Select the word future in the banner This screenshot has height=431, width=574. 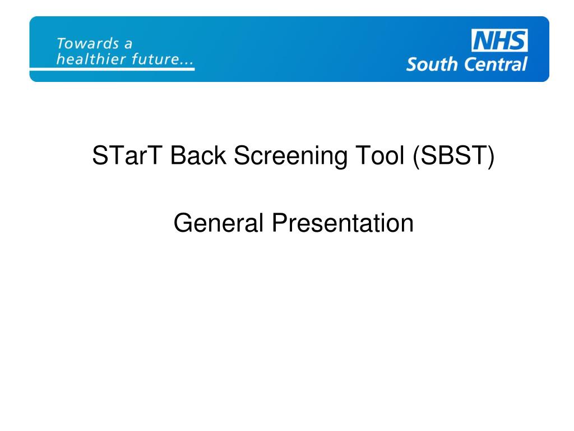(x=153, y=59)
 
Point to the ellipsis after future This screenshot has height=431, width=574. (x=186, y=62)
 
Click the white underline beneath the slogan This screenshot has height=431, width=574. (x=112, y=68)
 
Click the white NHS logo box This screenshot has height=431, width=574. (x=499, y=41)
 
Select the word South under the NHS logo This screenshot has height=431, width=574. (x=432, y=64)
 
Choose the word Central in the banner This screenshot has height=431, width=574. (x=494, y=64)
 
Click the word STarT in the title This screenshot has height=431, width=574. (x=128, y=156)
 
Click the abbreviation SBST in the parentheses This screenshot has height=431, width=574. (x=453, y=156)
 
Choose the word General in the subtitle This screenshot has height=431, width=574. (x=219, y=223)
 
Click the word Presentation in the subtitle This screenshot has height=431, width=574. (x=343, y=223)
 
